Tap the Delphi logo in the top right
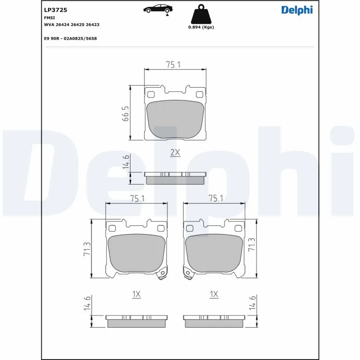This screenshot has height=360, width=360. pyautogui.click(x=297, y=9)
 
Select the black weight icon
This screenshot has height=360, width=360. pyautogui.click(x=201, y=15)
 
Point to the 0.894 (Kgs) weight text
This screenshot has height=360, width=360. pyautogui.click(x=201, y=27)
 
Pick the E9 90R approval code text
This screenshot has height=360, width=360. pyautogui.click(x=70, y=39)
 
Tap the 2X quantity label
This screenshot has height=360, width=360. pyautogui.click(x=175, y=153)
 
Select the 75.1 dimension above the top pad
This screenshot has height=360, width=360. pyautogui.click(x=173, y=65)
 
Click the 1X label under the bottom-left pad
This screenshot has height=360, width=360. pyautogui.click(x=137, y=294)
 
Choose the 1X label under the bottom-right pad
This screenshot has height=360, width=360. pyautogui.click(x=214, y=294)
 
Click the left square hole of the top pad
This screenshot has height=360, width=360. pyautogui.click(x=151, y=94)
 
